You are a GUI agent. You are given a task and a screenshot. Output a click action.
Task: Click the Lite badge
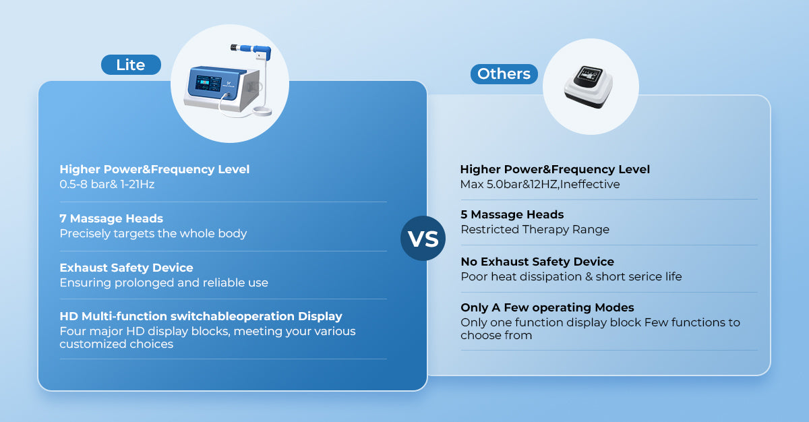click(131, 65)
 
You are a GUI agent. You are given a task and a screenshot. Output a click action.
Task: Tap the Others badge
click(504, 74)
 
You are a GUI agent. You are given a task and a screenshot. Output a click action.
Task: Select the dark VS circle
click(423, 238)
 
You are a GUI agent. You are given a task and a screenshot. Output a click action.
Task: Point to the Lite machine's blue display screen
click(208, 83)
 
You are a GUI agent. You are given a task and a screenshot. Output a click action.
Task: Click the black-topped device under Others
click(589, 87)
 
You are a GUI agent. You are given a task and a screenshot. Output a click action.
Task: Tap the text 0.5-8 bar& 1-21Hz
click(107, 185)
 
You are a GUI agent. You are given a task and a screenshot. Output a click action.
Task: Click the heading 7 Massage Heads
click(111, 218)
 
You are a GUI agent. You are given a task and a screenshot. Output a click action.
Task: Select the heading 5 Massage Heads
click(512, 214)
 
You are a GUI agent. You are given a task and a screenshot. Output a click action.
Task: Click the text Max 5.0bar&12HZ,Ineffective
click(540, 185)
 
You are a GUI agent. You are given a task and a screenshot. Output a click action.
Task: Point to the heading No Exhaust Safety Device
click(537, 262)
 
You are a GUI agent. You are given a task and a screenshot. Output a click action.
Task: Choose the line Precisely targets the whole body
click(153, 233)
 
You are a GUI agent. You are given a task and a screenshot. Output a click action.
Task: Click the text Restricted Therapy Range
click(535, 230)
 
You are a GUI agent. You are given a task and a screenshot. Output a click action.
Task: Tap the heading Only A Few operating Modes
click(547, 307)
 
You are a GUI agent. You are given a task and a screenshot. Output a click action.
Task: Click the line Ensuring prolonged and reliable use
click(164, 282)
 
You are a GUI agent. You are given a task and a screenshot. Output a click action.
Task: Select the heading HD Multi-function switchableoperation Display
click(201, 316)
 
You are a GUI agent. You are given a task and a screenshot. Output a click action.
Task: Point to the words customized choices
click(116, 344)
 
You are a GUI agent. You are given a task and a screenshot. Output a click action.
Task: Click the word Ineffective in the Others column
click(590, 185)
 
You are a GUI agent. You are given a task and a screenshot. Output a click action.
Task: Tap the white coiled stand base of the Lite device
click(262, 111)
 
